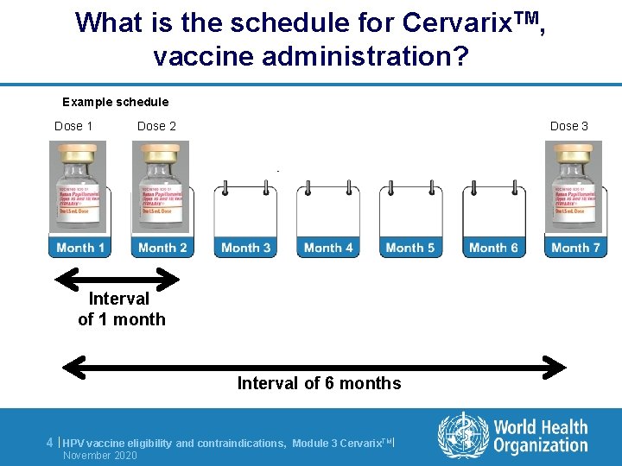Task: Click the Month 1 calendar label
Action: tap(80, 248)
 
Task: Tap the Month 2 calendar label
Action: tap(163, 248)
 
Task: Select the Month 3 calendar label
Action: tap(245, 248)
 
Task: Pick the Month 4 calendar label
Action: tap(328, 248)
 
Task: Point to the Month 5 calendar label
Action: tap(410, 248)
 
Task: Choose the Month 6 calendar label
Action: tap(493, 248)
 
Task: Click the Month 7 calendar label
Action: tap(575, 248)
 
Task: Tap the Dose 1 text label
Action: tap(73, 126)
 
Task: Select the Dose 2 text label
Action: tap(156, 126)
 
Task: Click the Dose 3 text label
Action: tap(569, 126)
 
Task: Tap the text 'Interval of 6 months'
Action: tap(319, 383)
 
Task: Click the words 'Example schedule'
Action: tap(116, 102)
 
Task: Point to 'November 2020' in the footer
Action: tap(100, 455)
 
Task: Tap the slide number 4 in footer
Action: tap(50, 443)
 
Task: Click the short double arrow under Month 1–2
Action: tap(117, 279)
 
